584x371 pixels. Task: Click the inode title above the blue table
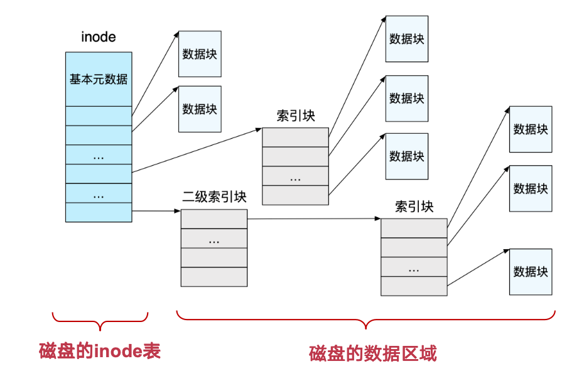pyautogui.click(x=99, y=37)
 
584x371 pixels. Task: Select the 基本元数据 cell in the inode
pyautogui.click(x=99, y=79)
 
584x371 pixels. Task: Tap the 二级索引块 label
pyautogui.click(x=214, y=197)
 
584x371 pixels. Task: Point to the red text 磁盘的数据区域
pyautogui.click(x=372, y=353)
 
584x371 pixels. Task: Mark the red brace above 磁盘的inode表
pyautogui.click(x=99, y=321)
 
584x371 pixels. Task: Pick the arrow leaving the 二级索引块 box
pyautogui.click(x=314, y=218)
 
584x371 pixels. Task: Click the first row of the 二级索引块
pyautogui.click(x=214, y=218)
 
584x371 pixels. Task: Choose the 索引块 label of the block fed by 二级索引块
pyautogui.click(x=414, y=207)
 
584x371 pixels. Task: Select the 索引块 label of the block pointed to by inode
pyautogui.click(x=295, y=116)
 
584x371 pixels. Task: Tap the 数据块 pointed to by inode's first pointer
pyautogui.click(x=200, y=54)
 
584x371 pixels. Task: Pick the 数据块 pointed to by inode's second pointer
pyautogui.click(x=200, y=109)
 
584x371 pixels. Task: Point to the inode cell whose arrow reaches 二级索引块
pyautogui.click(x=99, y=212)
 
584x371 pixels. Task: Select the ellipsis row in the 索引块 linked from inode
pyautogui.click(x=295, y=176)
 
